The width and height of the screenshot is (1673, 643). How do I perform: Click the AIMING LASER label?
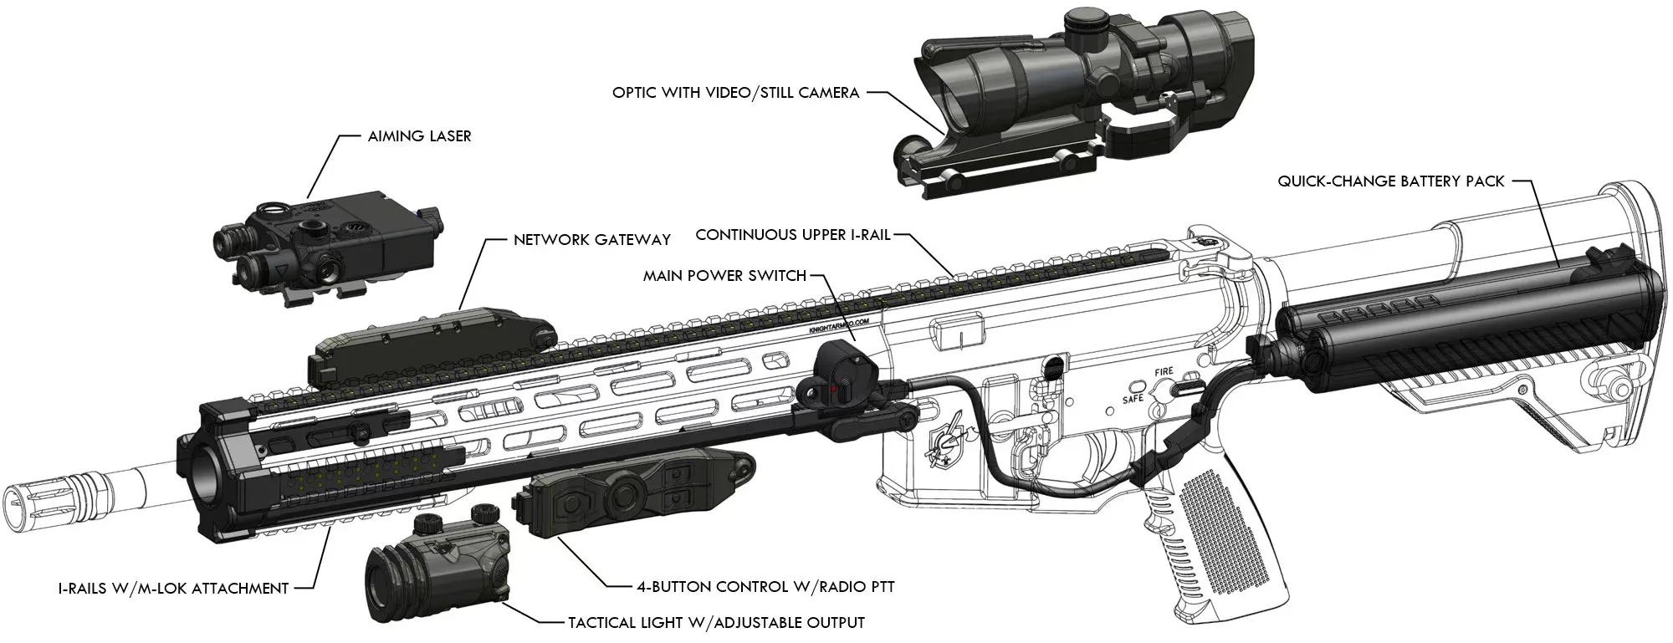[419, 135]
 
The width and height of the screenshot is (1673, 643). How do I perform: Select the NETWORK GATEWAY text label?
[591, 240]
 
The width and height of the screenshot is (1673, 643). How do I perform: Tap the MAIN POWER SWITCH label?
[724, 275]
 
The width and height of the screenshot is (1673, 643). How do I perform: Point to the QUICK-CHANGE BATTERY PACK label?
[1390, 181]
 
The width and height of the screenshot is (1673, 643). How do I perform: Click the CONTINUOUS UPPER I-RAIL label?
[793, 235]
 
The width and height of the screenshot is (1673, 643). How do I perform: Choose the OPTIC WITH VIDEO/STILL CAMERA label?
[735, 92]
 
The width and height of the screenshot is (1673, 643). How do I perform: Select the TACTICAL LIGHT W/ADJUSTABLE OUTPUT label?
[716, 623]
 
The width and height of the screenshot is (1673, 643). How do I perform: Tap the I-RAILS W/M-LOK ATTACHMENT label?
[173, 589]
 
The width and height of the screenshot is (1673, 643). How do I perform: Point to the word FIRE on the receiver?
[1164, 371]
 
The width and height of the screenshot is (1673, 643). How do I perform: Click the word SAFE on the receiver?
[1132, 399]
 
